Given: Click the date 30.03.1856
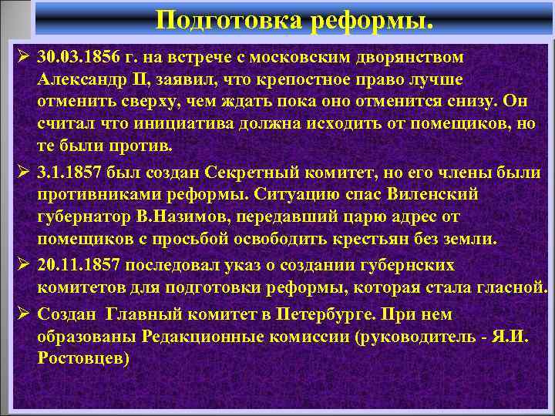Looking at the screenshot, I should [78, 59].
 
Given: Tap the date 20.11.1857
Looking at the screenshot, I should [78, 265].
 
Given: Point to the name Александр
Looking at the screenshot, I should [84, 81].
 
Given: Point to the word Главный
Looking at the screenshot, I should [143, 314].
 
